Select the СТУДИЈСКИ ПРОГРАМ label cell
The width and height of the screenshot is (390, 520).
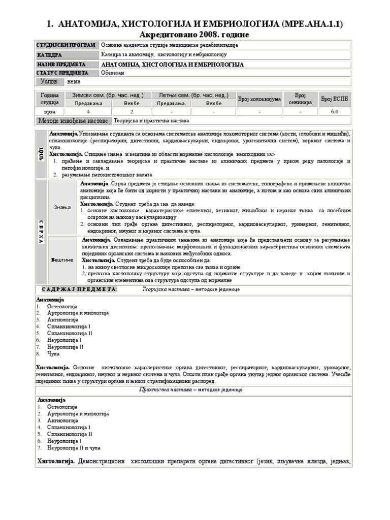point(66,45)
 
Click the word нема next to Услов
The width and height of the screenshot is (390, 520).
point(74,81)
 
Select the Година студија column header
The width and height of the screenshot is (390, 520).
point(50,99)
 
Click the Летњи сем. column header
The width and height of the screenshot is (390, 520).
point(193,95)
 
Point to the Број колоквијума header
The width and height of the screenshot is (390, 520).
point(259,99)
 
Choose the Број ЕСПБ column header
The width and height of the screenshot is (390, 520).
point(335,99)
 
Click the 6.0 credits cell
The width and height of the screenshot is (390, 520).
point(335,111)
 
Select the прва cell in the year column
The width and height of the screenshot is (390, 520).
point(50,111)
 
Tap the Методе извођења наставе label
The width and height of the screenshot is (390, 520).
point(73,121)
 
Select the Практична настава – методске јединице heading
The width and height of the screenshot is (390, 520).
point(191,389)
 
